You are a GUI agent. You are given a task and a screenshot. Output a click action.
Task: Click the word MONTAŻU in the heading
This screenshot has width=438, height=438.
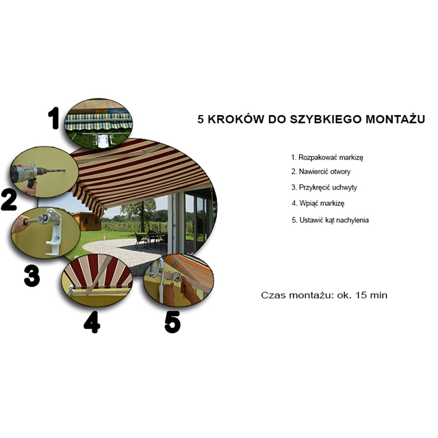pyautogui.click(x=396, y=118)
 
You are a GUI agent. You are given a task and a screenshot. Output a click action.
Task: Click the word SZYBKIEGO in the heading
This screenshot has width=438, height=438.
pyautogui.click(x=326, y=119)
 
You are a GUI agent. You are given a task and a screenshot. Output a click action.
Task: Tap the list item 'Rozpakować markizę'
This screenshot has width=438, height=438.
pyautogui.click(x=327, y=157)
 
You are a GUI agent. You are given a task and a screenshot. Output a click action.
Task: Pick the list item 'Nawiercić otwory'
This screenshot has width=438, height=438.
pyautogui.click(x=321, y=172)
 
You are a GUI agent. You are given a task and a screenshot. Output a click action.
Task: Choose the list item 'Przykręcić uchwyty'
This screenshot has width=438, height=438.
pyautogui.click(x=324, y=187)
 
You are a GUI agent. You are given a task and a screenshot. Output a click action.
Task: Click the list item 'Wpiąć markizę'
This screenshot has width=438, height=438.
pyautogui.click(x=318, y=203)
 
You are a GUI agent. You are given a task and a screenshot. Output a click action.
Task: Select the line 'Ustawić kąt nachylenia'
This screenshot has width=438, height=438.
pyautogui.click(x=330, y=220)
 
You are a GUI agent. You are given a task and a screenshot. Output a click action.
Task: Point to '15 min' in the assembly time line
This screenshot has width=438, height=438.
pyautogui.click(x=371, y=295)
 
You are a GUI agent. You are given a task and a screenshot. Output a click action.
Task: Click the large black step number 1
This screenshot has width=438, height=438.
pyautogui.click(x=53, y=118)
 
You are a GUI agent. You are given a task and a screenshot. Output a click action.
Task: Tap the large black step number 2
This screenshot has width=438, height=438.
pyautogui.click(x=8, y=200)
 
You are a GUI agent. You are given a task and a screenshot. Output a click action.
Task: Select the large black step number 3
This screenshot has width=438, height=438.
pyautogui.click(x=32, y=276)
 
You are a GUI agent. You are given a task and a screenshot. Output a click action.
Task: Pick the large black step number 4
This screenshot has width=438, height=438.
pyautogui.click(x=92, y=322)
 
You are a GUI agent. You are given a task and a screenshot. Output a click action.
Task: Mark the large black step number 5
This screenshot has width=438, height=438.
pyautogui.click(x=172, y=322)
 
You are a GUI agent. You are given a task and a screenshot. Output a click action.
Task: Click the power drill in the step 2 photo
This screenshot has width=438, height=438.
pyautogui.click(x=34, y=174)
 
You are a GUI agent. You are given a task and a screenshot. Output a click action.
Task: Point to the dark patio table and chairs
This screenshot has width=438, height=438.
pyautogui.click(x=151, y=239)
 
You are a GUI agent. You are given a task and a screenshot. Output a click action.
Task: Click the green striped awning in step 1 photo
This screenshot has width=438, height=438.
pyautogui.click(x=99, y=122)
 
